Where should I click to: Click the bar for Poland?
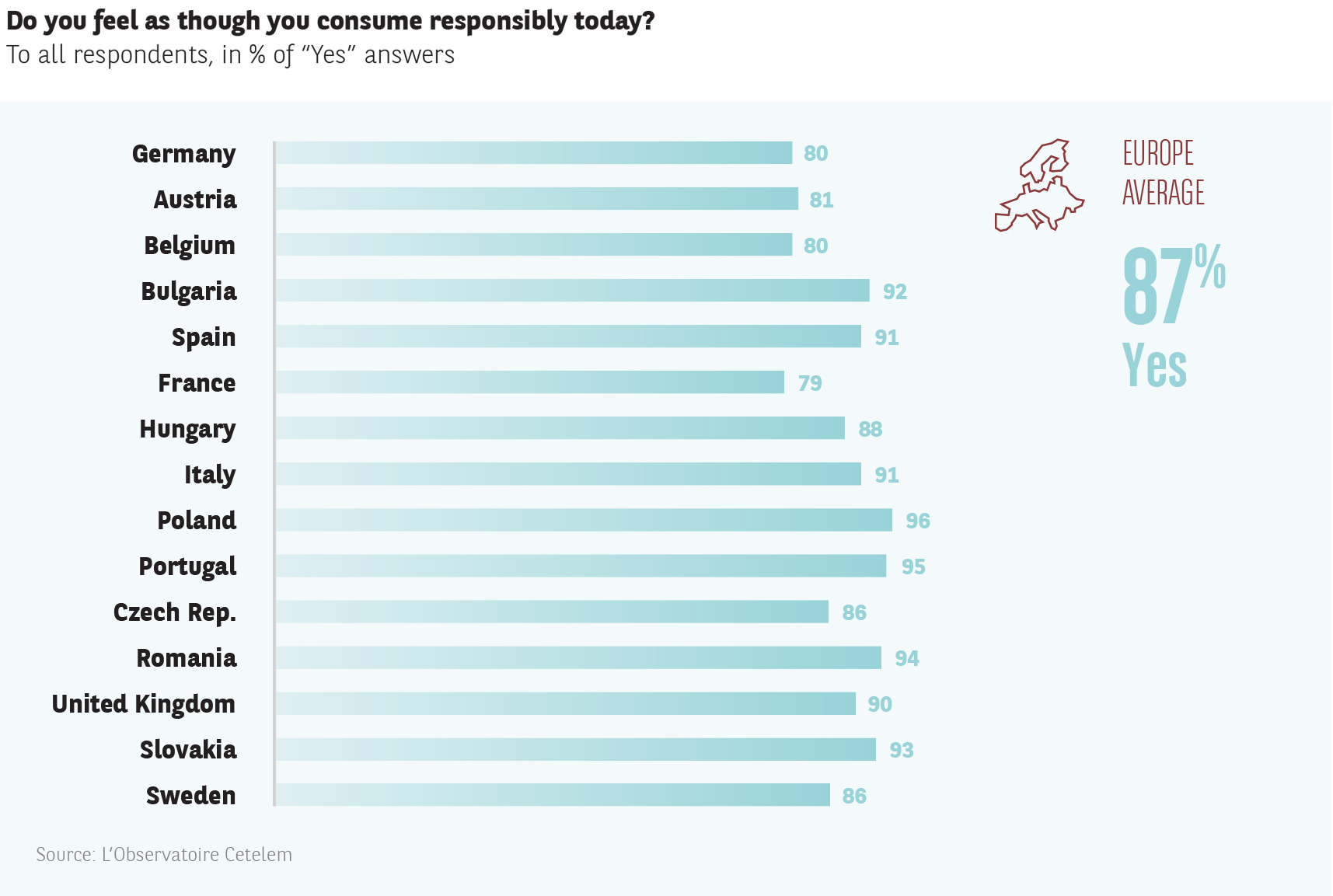click(x=583, y=520)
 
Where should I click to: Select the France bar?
click(x=529, y=382)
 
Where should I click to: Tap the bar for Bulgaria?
click(x=572, y=291)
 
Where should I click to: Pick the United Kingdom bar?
click(x=565, y=703)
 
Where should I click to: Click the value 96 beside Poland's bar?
click(x=918, y=521)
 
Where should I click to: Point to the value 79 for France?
click(x=810, y=383)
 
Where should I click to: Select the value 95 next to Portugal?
click(x=913, y=567)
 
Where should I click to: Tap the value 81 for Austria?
click(x=822, y=200)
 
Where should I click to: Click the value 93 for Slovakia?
click(x=902, y=750)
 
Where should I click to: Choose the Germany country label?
click(x=183, y=154)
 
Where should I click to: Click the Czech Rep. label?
click(x=175, y=612)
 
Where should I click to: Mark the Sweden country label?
click(x=190, y=796)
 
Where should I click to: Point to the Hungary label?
click(x=187, y=429)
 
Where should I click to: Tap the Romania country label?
click(x=187, y=658)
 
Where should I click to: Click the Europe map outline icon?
click(x=1039, y=187)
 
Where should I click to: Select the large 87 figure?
click(x=1157, y=286)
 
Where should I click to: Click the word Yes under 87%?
click(x=1154, y=365)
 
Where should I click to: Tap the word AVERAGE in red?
click(x=1164, y=193)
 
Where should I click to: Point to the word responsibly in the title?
click(x=497, y=21)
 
